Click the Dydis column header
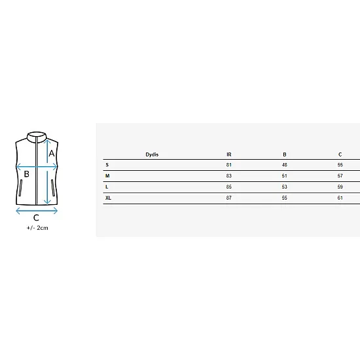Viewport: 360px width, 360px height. coord(152,154)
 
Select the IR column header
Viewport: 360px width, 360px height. coord(229,154)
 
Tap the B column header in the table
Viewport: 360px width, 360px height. coord(285,154)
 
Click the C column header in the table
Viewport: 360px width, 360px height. coord(340,154)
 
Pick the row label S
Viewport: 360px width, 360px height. coord(107,165)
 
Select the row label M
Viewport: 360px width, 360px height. coord(107,176)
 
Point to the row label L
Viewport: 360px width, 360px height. coord(107,187)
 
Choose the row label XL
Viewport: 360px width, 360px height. coord(108,198)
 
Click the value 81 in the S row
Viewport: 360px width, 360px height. coord(229,165)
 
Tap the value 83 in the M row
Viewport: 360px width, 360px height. coord(229,176)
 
